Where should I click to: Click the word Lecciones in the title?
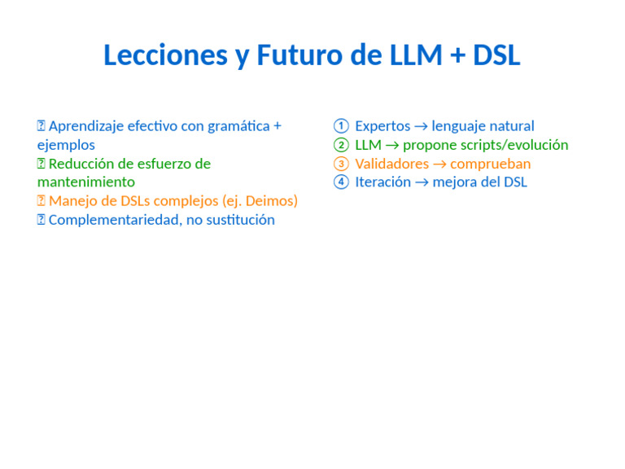[165, 55]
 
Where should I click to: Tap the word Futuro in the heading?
[299, 55]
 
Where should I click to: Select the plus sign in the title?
[457, 56]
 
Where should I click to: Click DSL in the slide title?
[496, 55]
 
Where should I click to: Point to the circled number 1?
[341, 126]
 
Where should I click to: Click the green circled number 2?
[341, 145]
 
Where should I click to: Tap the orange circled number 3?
[341, 164]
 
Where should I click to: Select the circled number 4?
[341, 182]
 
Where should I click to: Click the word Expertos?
[382, 126]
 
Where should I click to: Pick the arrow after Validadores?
[439, 164]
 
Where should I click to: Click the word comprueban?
[491, 164]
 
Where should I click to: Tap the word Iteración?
[383, 182]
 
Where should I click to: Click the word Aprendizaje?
[86, 126]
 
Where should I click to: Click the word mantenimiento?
[86, 182]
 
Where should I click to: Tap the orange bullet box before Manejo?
[41, 200]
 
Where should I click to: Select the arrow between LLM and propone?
[392, 146]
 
